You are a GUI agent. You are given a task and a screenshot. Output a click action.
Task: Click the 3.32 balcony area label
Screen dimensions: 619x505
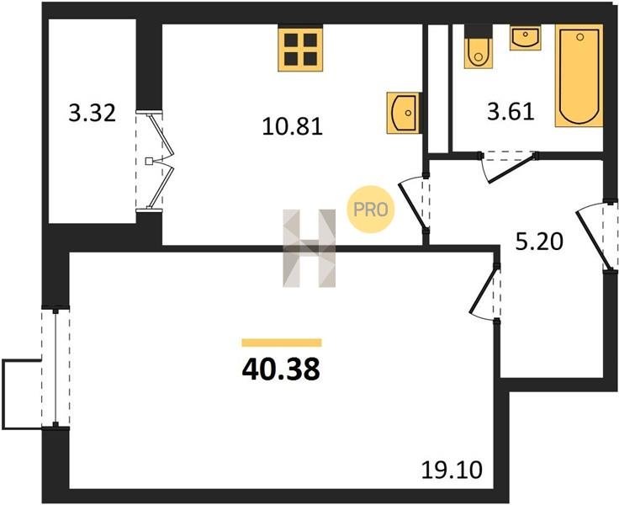click(x=92, y=114)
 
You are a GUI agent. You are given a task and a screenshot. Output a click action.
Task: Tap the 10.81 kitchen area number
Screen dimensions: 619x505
click(x=293, y=127)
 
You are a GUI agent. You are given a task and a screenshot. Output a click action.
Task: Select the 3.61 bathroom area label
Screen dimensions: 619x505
click(x=511, y=111)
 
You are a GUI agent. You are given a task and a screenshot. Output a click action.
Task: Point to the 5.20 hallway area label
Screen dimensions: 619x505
click(x=539, y=242)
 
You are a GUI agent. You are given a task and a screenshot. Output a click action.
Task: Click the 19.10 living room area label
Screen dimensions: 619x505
click(x=452, y=470)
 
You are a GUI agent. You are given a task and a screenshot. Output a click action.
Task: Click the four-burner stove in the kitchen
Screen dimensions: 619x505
click(x=300, y=49)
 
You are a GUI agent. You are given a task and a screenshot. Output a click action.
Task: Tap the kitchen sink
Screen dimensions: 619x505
click(x=403, y=113)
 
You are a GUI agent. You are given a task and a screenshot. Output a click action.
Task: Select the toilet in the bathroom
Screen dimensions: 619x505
click(x=479, y=47)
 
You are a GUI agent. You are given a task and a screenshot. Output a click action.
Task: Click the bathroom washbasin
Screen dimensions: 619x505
click(x=526, y=38)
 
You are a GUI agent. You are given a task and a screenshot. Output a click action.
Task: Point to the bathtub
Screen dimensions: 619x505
click(x=579, y=76)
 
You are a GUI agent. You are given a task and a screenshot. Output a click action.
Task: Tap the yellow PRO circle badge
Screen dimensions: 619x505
click(x=370, y=210)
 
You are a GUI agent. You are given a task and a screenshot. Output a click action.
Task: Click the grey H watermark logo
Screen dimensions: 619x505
click(x=309, y=248)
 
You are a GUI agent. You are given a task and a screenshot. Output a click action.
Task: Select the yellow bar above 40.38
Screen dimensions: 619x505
click(x=282, y=343)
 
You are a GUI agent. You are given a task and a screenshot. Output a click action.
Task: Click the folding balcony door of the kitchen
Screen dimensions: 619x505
click(x=155, y=162)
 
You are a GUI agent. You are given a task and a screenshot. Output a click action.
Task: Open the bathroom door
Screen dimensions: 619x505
click(x=508, y=167)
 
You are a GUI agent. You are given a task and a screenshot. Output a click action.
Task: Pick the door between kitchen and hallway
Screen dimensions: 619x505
click(x=414, y=204)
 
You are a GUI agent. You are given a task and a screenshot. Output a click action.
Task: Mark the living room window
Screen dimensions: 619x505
click(x=56, y=367)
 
